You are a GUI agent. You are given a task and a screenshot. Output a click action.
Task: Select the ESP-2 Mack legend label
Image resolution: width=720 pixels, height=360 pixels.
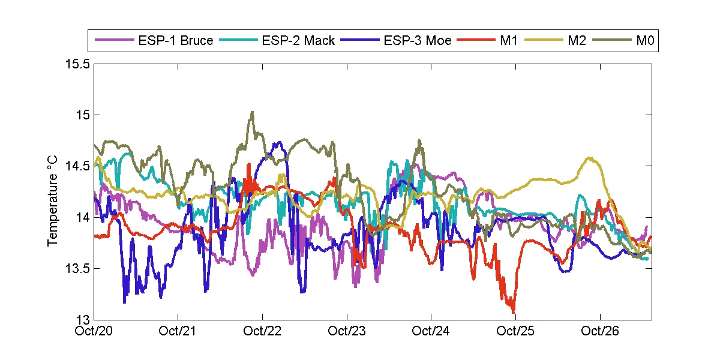[x=298, y=41]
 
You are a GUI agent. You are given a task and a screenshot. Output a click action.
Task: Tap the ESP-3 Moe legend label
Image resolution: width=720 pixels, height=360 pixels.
[x=417, y=41]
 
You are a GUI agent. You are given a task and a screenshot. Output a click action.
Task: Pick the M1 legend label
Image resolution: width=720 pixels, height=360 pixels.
[x=509, y=41]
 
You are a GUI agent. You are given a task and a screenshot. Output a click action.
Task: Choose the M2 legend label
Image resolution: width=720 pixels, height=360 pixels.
[x=577, y=41]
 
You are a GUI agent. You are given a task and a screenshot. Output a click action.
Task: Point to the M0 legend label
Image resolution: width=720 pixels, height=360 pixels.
[x=644, y=41]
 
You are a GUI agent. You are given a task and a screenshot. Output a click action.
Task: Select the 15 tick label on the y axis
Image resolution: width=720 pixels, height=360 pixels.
[x=83, y=115]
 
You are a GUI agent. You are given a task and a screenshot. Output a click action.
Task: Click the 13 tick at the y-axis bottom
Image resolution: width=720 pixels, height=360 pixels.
[x=83, y=319]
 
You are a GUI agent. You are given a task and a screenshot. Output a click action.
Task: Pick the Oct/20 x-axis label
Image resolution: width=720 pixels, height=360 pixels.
[x=95, y=331]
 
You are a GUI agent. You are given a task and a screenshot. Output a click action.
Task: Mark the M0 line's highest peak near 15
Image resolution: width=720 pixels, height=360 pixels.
[x=252, y=112]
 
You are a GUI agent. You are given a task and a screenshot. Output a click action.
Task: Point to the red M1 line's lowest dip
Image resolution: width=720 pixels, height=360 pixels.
[x=514, y=311]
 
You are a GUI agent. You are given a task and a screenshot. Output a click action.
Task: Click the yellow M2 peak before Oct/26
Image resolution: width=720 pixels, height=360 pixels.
[x=590, y=158]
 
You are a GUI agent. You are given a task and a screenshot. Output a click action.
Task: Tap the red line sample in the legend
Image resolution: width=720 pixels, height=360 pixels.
[x=476, y=41]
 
